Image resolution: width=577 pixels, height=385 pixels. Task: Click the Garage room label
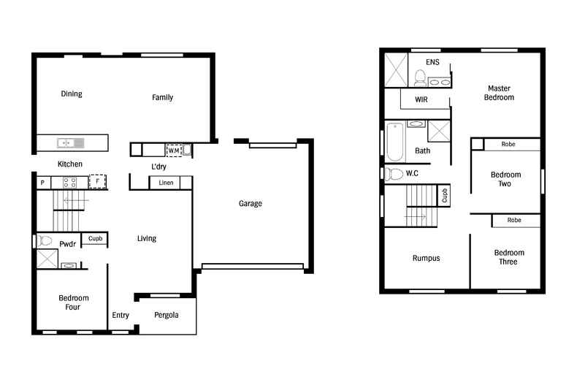tap(251, 204)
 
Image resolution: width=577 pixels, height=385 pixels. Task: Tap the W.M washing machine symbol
tap(174, 150)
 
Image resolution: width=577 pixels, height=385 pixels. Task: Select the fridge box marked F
tap(97, 181)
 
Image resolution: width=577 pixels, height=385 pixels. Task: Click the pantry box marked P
tap(42, 183)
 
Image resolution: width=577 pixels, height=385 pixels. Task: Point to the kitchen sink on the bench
tap(70, 142)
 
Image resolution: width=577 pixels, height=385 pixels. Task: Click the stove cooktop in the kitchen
tap(70, 183)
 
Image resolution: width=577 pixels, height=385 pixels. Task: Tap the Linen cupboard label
tap(166, 183)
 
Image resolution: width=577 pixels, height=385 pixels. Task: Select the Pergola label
tap(167, 316)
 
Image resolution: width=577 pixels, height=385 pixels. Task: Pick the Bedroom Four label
tap(74, 302)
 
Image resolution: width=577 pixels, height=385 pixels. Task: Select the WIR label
tap(421, 99)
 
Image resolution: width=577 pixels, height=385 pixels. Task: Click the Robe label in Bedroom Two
tap(508, 145)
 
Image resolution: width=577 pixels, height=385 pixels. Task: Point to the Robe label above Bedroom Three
tap(514, 220)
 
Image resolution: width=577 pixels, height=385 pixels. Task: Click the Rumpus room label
tap(427, 258)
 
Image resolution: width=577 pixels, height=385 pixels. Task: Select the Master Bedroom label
tap(500, 93)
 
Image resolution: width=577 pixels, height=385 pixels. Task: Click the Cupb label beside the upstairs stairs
tap(444, 195)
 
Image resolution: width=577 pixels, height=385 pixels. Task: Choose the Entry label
tap(121, 316)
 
